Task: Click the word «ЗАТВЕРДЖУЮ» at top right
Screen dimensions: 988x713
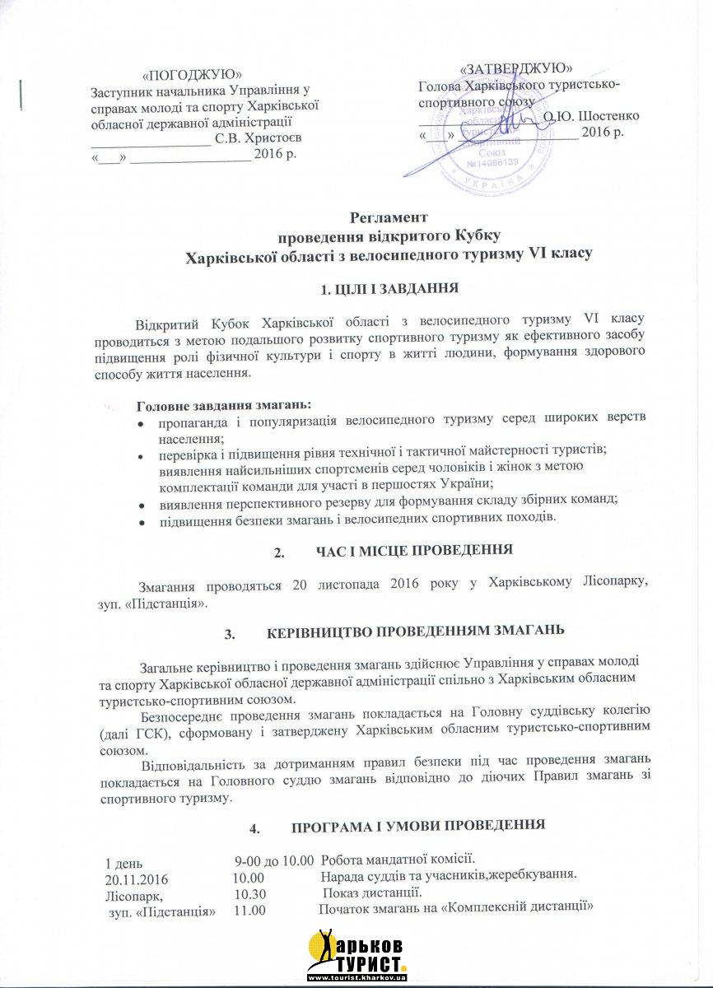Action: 517,68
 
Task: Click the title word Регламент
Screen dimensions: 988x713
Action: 389,218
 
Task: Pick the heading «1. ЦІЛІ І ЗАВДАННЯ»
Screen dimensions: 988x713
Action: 388,289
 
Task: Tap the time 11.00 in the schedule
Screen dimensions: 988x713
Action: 249,910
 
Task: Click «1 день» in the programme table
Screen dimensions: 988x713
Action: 123,864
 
